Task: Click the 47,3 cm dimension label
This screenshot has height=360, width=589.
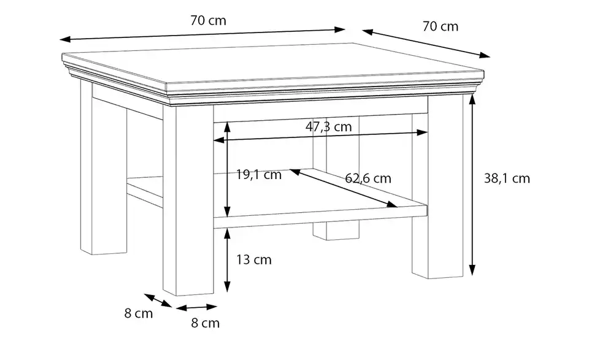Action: coord(328,126)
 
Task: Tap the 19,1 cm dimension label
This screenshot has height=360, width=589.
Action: coord(258,175)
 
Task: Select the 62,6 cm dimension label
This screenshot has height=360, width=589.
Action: coord(368,178)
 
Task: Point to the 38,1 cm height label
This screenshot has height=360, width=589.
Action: coord(507,178)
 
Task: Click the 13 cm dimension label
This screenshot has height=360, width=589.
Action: coord(253,259)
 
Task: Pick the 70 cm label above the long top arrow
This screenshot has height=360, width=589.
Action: coord(208,20)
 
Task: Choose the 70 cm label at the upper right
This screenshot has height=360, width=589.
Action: coord(441,26)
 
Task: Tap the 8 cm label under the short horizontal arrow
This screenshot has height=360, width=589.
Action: coord(205,323)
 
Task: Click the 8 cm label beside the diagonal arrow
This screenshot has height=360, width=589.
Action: coord(139,313)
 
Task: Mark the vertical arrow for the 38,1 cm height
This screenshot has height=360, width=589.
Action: coord(472,185)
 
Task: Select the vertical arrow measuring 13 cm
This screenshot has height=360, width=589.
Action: coord(227,260)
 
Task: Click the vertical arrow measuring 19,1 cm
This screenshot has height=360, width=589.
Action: coord(227,169)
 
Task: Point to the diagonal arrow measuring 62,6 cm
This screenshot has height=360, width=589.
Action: coord(344,188)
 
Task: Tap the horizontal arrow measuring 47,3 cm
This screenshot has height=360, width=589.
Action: coord(320,136)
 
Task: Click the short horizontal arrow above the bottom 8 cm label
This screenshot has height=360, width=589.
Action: coord(196,307)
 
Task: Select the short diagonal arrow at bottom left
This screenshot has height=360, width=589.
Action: coord(158,301)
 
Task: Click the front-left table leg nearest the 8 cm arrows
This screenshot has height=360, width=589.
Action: coord(188,200)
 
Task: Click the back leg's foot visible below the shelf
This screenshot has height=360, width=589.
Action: coord(336,230)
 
